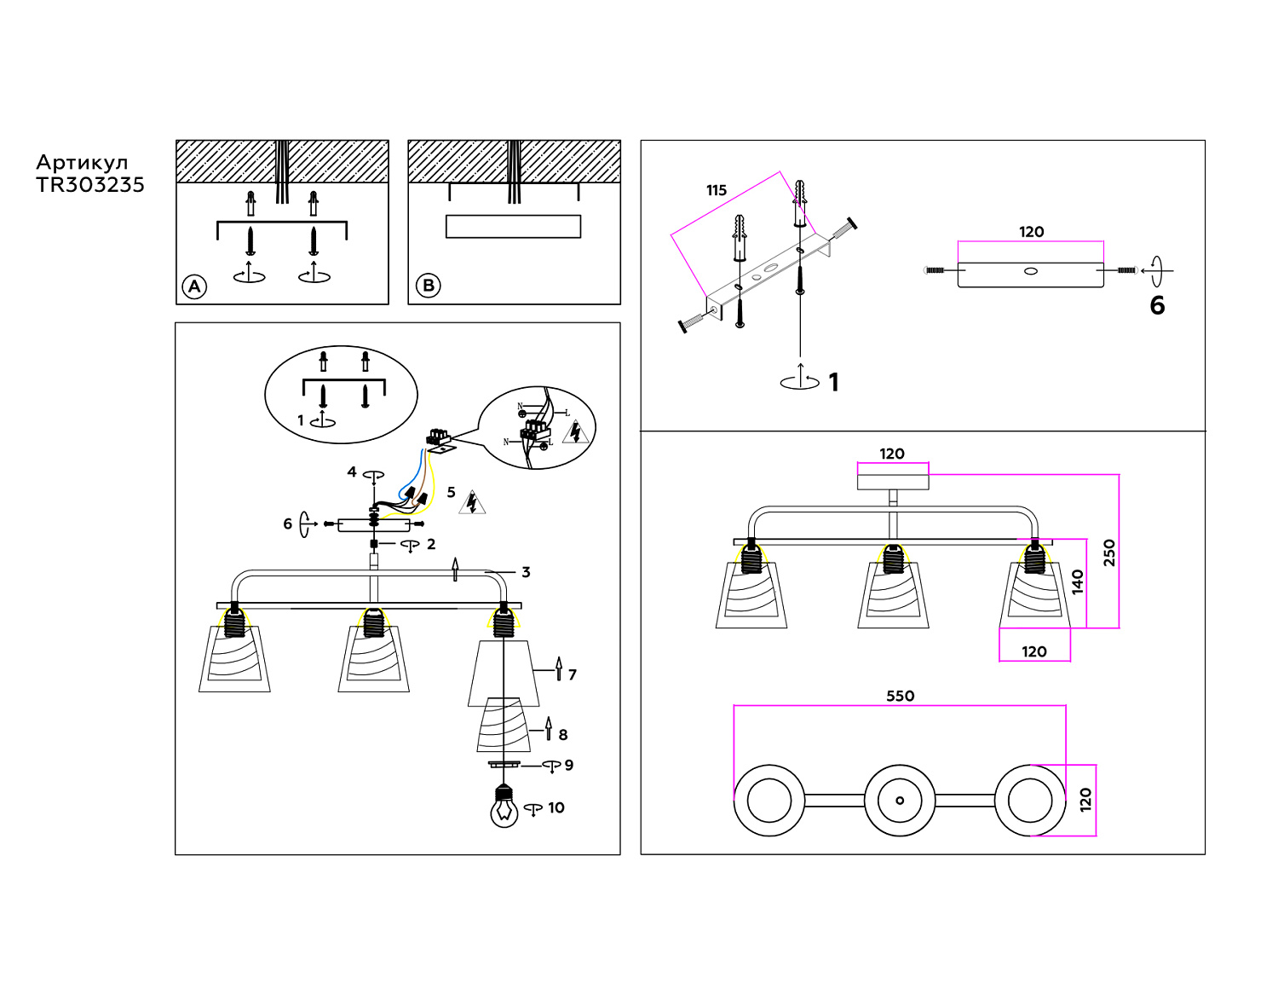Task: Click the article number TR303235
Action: [x=90, y=185]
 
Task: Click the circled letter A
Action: [x=194, y=286]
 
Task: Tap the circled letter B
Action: [x=428, y=286]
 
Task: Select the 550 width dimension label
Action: [x=900, y=696]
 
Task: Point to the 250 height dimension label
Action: [x=1108, y=552]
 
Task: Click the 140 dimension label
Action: [x=1077, y=581]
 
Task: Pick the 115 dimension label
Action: [x=717, y=190]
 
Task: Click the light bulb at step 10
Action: [x=504, y=807]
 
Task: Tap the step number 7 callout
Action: [x=572, y=674]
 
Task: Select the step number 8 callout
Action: [x=562, y=734]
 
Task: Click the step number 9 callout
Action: [x=568, y=765]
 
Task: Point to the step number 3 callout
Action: [x=526, y=572]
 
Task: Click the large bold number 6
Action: [x=1157, y=305]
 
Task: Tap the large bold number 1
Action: [x=833, y=382]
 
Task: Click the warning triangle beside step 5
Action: [x=472, y=503]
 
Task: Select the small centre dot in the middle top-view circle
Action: [x=900, y=801]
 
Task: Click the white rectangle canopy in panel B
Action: [x=513, y=226]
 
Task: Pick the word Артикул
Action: [x=82, y=163]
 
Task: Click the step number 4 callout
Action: [x=352, y=471]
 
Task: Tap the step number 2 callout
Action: [x=431, y=544]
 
